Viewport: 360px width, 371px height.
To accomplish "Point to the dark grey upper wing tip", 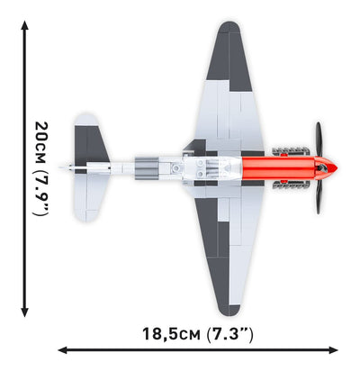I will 236,45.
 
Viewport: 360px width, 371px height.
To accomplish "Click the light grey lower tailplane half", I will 88,200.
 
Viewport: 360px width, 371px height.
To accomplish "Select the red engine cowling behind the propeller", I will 279,168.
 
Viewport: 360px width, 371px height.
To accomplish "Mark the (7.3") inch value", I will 229,333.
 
